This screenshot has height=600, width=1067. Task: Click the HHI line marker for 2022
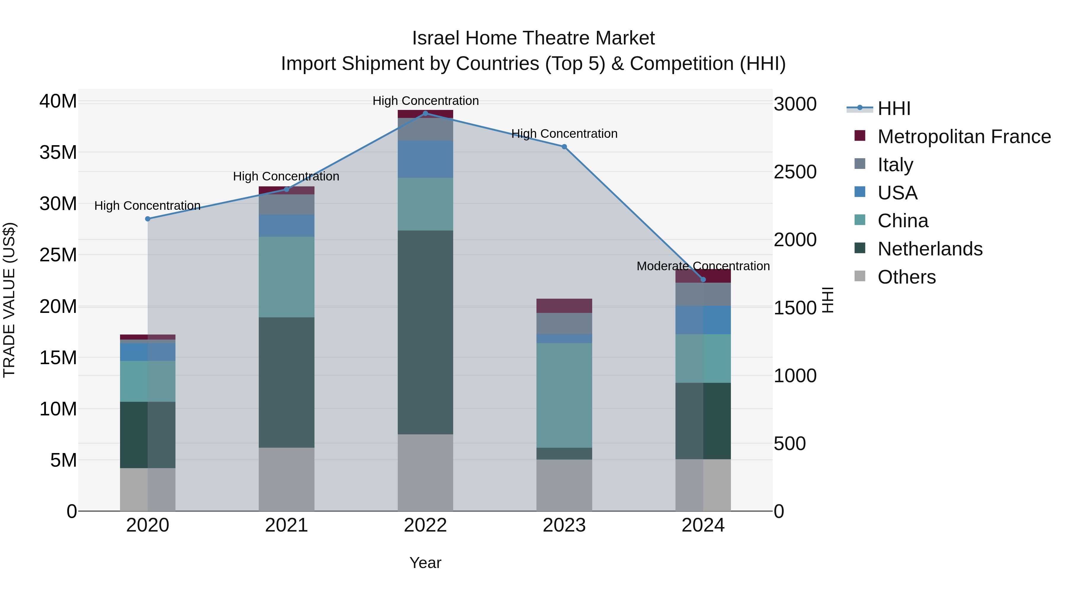425,113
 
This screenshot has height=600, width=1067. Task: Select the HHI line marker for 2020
148,219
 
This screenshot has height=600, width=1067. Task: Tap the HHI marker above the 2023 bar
564,147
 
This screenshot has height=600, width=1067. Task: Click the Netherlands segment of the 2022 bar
425,332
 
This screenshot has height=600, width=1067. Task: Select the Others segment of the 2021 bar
287,479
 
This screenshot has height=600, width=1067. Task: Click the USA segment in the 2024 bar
703,320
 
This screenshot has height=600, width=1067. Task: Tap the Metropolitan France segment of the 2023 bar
564,305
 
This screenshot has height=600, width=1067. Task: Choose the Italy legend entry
895,165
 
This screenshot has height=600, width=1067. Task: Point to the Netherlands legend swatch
860,249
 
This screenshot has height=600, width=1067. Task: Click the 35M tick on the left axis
58,152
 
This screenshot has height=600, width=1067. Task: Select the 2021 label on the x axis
287,525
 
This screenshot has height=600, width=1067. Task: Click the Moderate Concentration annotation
703,266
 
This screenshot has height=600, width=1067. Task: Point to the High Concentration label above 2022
425,101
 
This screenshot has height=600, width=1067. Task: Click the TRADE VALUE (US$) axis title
9,300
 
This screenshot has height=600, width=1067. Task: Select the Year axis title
425,563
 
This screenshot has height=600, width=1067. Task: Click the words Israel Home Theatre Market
533,38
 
